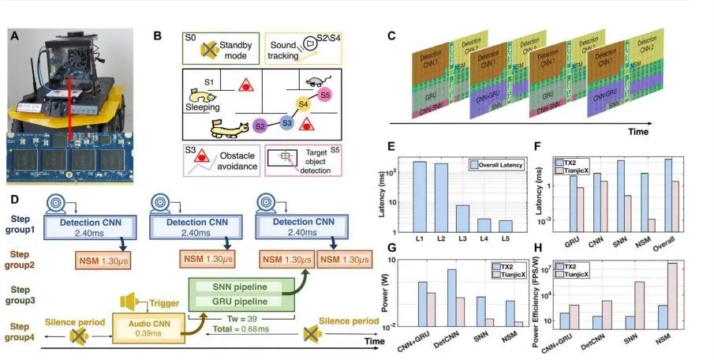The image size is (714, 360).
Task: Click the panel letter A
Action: point(14,36)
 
